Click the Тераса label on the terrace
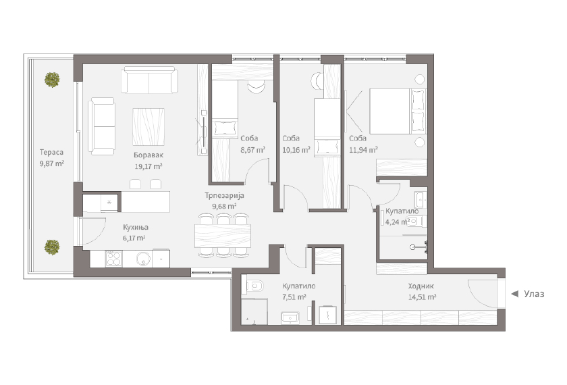(51, 153)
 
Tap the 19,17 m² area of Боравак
(148, 166)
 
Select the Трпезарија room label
(224, 195)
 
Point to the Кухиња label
(136, 227)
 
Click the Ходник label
(421, 286)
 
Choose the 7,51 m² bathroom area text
(294, 297)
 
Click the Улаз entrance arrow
(514, 294)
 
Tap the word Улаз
(534, 294)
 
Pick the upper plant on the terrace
(52, 80)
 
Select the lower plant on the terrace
(52, 247)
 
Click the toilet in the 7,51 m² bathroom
(254, 286)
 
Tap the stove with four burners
(113, 259)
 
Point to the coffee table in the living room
(148, 127)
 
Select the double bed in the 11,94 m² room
(398, 111)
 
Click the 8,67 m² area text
(252, 150)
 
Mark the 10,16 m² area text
(296, 150)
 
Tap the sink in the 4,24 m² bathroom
(421, 199)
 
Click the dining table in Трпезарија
(223, 236)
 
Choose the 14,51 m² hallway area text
(422, 297)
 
